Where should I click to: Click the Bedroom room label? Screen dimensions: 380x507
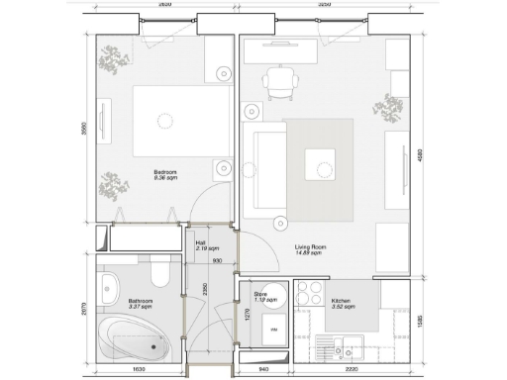click(164, 174)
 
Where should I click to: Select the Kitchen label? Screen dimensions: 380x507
click(342, 302)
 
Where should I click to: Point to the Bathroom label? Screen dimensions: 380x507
click(140, 303)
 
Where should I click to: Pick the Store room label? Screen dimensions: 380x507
click(262, 296)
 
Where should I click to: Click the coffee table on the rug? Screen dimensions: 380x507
click(321, 162)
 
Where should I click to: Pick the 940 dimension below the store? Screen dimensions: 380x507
click(262, 371)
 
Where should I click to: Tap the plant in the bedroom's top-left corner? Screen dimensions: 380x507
click(112, 61)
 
